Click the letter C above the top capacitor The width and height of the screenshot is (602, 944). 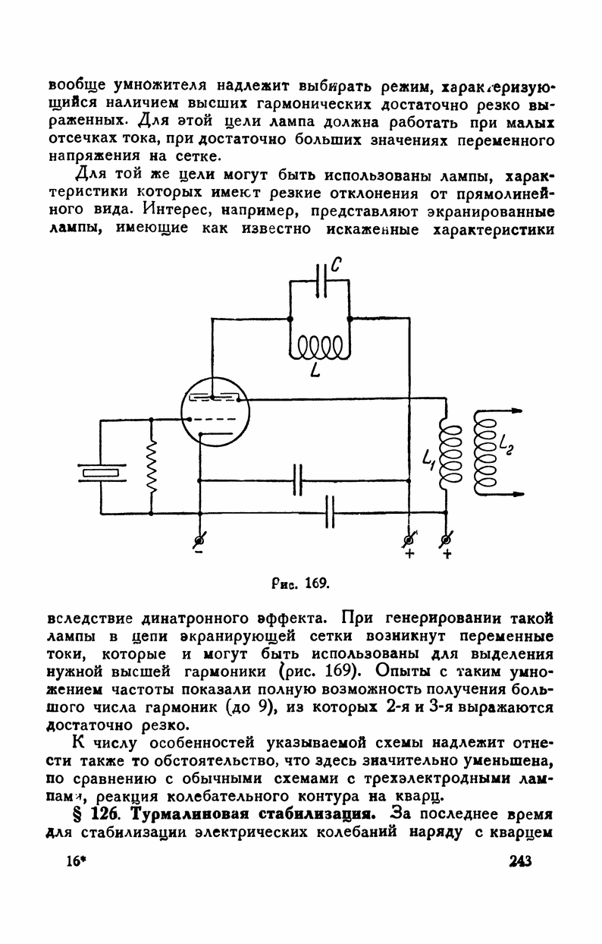coord(337,266)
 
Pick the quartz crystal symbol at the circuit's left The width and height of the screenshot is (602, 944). coord(101,474)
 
